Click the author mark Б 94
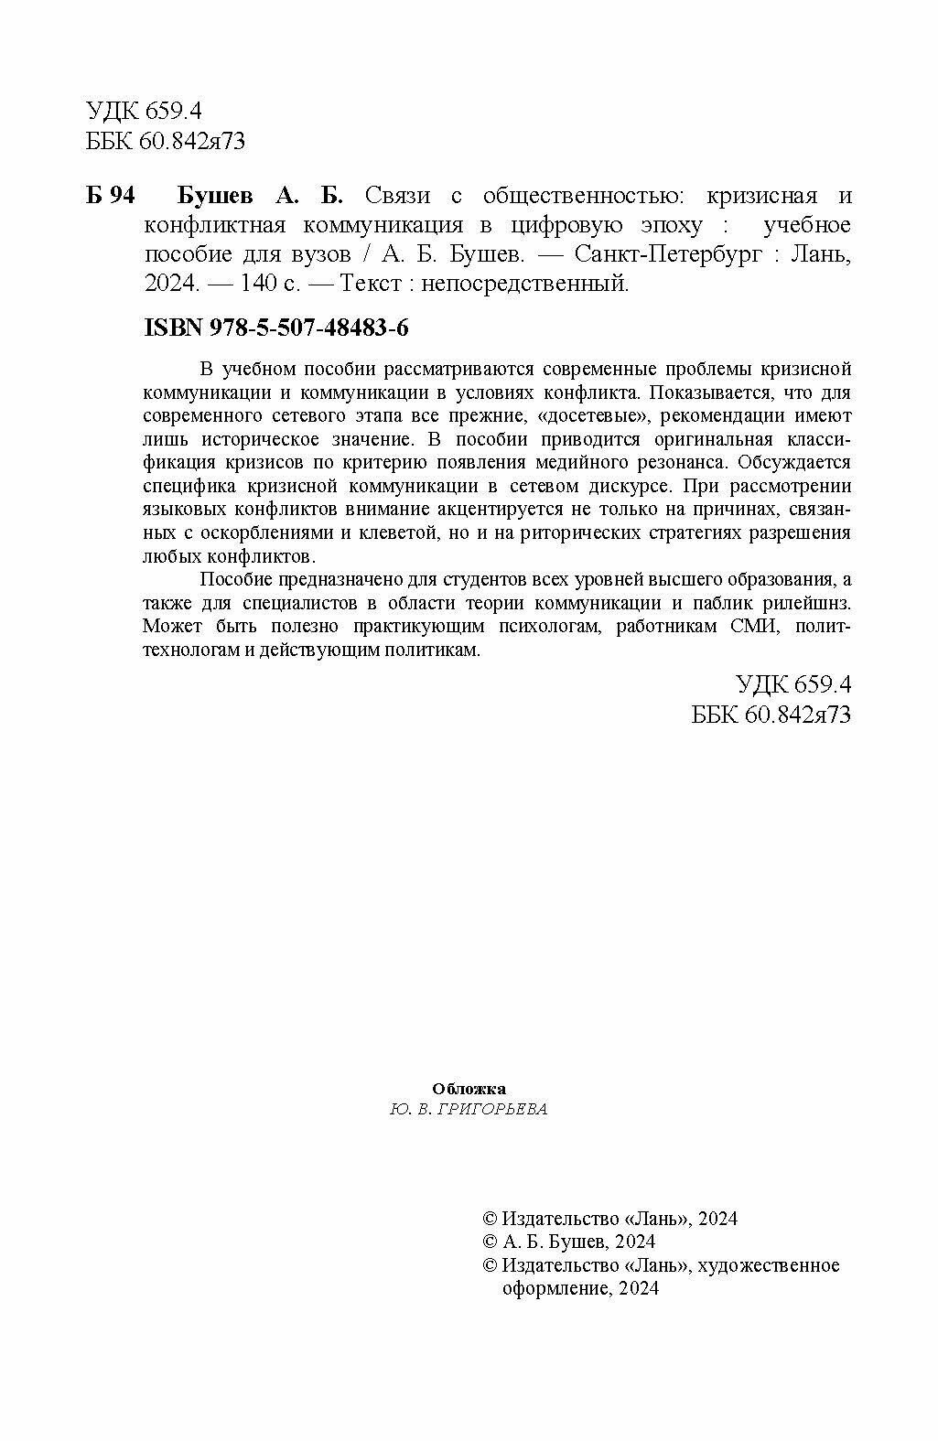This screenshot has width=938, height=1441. (110, 197)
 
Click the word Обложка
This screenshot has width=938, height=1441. (469, 1089)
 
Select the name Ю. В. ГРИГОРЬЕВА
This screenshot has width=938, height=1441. (469, 1109)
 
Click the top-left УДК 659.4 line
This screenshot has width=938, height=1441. (144, 112)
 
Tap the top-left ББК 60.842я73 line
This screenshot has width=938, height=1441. (166, 141)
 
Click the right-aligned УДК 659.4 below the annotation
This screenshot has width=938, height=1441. (793, 684)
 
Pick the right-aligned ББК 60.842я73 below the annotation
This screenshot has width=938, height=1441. (771, 714)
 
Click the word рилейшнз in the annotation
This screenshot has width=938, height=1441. (805, 603)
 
